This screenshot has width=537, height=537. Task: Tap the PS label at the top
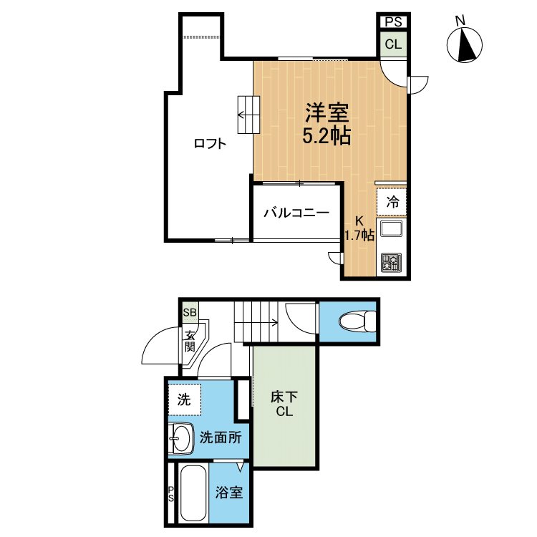tap(393, 22)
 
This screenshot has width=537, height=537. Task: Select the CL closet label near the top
tap(393, 44)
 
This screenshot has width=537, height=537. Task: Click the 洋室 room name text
tap(327, 113)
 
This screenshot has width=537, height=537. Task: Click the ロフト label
tap(210, 143)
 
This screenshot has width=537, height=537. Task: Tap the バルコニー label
tap(296, 213)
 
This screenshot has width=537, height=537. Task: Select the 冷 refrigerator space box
tap(392, 202)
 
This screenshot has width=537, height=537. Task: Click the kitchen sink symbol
tap(392, 230)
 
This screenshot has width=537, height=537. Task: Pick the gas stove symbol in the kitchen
tap(392, 262)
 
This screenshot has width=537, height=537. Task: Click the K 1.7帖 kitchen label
tap(359, 228)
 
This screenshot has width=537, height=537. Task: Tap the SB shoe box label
tap(189, 312)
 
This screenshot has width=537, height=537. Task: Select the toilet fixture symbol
tap(356, 321)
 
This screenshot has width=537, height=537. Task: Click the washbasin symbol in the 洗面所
tap(180, 437)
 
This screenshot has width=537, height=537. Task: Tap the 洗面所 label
tap(220, 437)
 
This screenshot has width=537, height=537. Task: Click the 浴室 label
tap(229, 493)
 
